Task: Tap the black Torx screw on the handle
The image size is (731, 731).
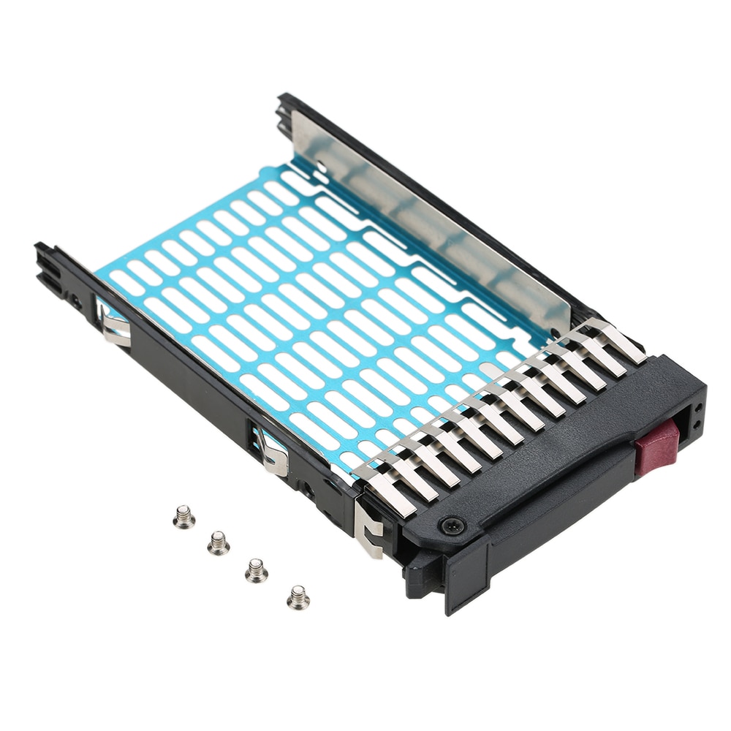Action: [452, 523]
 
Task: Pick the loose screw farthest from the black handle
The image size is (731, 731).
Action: [184, 518]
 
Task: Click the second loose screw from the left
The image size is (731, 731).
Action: [218, 542]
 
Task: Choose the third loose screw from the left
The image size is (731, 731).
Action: [256, 569]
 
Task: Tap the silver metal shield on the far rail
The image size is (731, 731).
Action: [431, 219]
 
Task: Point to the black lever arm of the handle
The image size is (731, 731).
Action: [556, 504]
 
